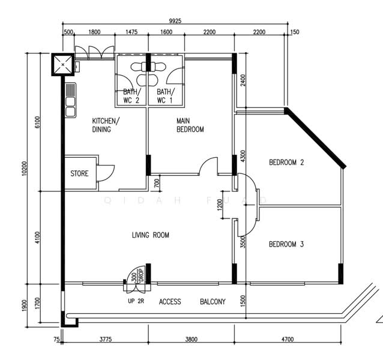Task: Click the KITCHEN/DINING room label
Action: tap(106, 124)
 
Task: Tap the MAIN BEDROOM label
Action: tap(190, 125)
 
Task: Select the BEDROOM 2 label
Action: tap(286, 163)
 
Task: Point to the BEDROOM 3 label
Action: tap(286, 244)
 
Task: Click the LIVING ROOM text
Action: tap(150, 235)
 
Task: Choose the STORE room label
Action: tap(79, 173)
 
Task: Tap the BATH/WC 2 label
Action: tap(131, 96)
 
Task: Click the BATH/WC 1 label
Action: tap(164, 96)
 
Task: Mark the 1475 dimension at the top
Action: tap(132, 32)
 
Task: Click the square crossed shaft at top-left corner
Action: tap(62, 64)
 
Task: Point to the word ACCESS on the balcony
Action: tap(170, 302)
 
